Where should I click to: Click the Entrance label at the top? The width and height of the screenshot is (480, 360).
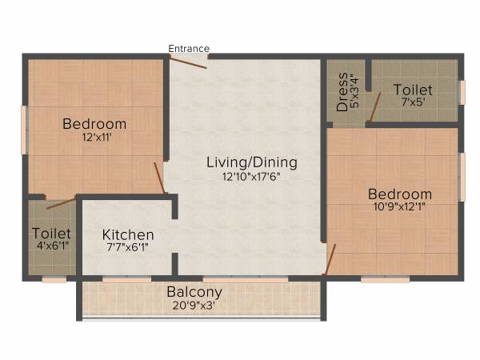click(189, 49)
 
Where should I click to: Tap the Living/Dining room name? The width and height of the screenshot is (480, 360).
click(251, 162)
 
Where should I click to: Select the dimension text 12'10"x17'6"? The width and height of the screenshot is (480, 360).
click(251, 177)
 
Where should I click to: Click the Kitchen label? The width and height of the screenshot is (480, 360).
click(128, 234)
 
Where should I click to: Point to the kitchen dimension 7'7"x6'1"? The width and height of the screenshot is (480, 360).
click(128, 248)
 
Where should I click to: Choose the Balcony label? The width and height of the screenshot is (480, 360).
click(194, 292)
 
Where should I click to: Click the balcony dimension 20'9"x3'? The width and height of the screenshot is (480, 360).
click(194, 305)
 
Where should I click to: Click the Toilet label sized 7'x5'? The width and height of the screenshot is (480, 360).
click(413, 90)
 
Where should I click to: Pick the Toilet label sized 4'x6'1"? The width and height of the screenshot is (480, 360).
click(46, 233)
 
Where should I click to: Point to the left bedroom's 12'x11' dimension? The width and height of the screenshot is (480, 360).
click(94, 137)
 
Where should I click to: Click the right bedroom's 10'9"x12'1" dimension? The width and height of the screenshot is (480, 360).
click(400, 207)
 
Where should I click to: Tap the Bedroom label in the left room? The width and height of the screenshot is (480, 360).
click(94, 124)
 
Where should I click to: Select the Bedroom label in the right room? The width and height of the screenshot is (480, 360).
click(400, 194)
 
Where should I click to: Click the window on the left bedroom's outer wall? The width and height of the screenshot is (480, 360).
click(24, 130)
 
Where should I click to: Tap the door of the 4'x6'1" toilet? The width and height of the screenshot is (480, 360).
click(61, 203)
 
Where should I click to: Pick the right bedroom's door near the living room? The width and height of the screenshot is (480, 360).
click(330, 259)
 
